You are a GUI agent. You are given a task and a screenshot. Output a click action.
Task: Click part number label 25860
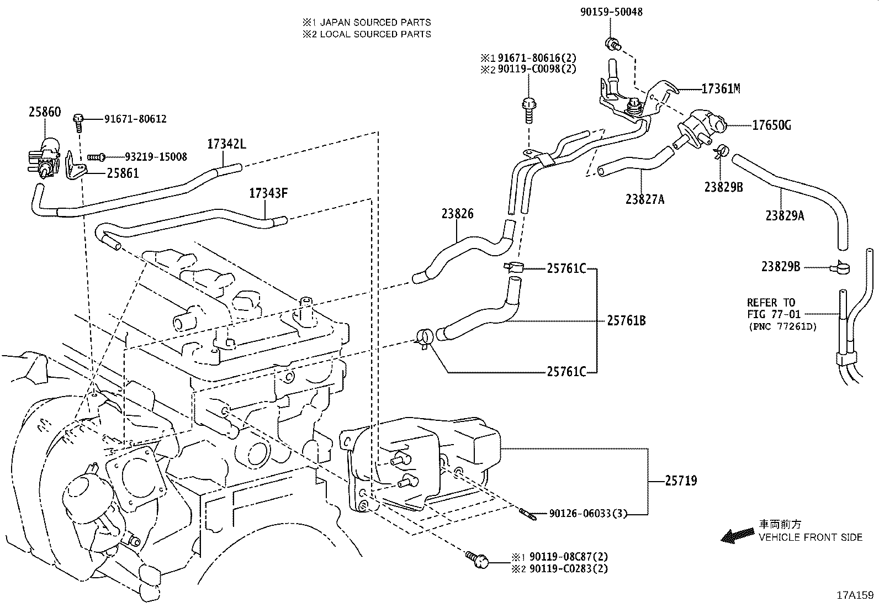45,112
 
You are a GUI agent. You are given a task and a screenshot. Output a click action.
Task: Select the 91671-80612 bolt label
135,119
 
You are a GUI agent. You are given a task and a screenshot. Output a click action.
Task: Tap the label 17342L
226,145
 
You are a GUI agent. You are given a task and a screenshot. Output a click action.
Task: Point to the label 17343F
269,193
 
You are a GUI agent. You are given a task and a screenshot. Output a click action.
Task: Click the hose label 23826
457,214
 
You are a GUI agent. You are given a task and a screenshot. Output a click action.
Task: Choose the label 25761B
626,320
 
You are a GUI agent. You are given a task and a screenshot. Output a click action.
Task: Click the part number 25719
681,481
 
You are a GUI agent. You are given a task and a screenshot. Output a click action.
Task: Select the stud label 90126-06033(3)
588,514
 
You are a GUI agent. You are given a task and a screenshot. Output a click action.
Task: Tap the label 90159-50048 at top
611,12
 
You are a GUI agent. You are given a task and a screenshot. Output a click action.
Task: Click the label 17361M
721,88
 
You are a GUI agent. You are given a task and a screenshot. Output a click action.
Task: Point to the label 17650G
771,125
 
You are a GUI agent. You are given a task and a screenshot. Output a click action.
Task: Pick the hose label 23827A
644,199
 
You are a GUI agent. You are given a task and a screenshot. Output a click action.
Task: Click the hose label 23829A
785,216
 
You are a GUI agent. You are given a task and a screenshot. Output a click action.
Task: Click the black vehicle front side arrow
737,535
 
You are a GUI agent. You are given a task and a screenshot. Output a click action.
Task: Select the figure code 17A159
855,595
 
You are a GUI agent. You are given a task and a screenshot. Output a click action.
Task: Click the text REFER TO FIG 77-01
771,308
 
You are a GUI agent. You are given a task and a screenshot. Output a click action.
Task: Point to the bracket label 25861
123,173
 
